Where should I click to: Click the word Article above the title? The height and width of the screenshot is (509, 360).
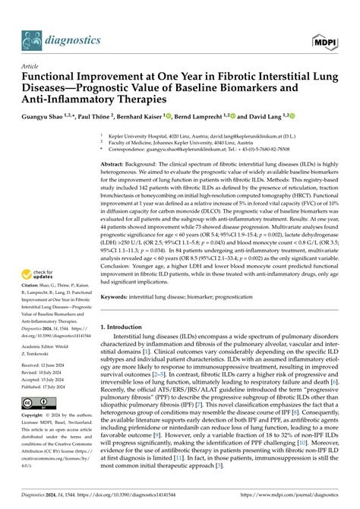coord(33,66)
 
